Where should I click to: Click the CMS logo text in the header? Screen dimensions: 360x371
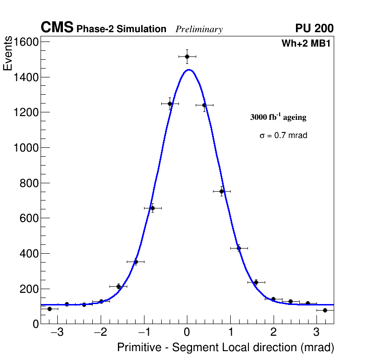57,28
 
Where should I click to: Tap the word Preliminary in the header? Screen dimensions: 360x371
199,29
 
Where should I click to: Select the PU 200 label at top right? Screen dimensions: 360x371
314,28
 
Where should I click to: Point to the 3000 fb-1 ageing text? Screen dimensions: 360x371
278,117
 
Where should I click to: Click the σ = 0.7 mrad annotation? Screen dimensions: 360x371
283,136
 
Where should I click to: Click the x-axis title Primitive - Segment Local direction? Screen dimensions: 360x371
226,347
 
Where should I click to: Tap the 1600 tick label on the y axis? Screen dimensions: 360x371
25,42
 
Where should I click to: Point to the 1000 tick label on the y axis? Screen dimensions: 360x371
25,148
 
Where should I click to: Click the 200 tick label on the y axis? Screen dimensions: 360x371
28,289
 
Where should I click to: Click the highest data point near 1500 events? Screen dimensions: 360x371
187,56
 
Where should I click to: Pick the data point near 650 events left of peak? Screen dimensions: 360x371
152,208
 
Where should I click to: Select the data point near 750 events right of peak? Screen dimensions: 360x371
222,191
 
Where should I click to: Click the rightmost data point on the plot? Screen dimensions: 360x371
325,310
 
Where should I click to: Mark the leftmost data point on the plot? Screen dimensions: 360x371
49,309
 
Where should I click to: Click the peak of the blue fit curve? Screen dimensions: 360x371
189,70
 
